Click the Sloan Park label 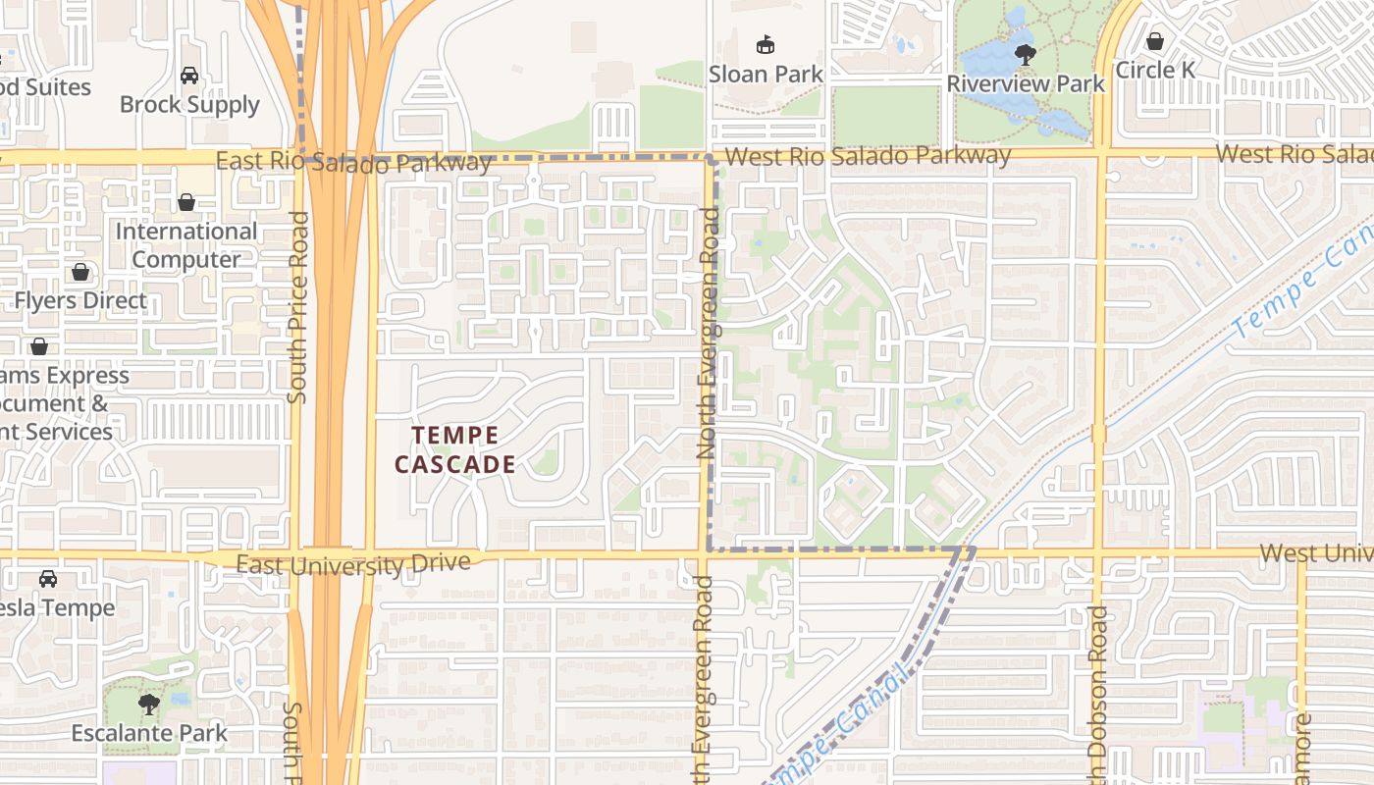[x=766, y=75]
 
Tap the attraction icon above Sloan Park [x=766, y=45]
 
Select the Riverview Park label [x=1026, y=83]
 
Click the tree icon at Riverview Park [x=1026, y=54]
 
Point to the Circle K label [x=1156, y=71]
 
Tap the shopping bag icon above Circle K [x=1155, y=42]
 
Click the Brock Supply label [x=189, y=104]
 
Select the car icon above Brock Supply [x=189, y=76]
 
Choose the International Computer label [x=186, y=245]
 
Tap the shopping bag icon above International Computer [x=186, y=203]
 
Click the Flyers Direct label [x=80, y=300]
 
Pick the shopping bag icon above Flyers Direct [x=80, y=272]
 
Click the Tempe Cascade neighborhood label [x=455, y=449]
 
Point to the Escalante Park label [x=149, y=733]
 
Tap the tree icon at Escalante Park [x=149, y=704]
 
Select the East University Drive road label [x=353, y=564]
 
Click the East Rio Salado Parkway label [x=353, y=161]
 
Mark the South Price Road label [x=298, y=306]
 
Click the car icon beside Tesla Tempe [x=48, y=579]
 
